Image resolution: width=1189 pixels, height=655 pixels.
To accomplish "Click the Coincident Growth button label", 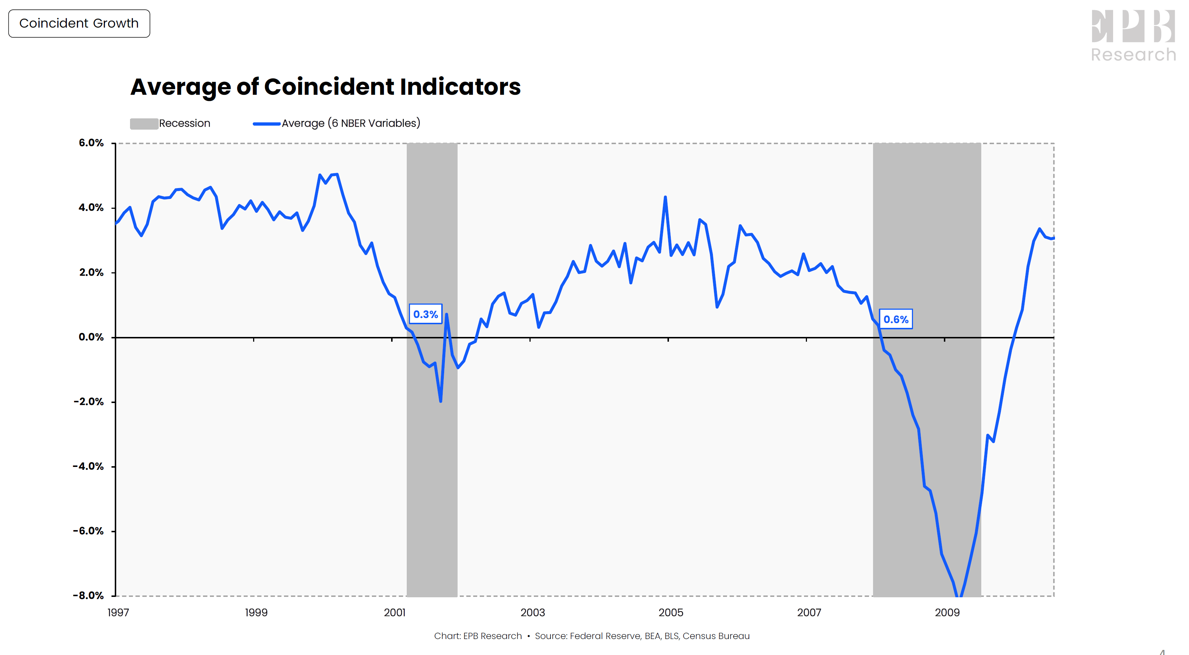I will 79,23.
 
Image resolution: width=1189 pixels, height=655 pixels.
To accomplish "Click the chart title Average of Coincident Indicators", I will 325,87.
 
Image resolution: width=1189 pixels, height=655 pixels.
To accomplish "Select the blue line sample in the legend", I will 266,124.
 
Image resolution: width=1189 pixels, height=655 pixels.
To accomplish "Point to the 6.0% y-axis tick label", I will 91,143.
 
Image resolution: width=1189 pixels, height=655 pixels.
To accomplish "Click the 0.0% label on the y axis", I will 91,337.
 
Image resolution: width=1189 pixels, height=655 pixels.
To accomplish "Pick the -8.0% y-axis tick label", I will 88,595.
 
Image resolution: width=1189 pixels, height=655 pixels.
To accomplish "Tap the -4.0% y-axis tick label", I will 88,466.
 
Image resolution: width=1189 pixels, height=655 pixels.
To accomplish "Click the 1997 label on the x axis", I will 118,613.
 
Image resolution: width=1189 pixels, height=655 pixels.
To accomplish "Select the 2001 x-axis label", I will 395,613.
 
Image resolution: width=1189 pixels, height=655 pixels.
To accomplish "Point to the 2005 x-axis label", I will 671,613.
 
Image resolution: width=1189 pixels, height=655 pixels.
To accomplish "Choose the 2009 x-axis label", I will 947,613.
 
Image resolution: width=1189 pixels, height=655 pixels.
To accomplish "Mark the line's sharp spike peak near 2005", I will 665,197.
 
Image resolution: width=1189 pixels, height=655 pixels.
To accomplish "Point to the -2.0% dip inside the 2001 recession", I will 441,401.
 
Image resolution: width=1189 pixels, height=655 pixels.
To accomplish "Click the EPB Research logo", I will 1133,36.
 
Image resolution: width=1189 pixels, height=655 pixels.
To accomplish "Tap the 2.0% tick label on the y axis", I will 91,272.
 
